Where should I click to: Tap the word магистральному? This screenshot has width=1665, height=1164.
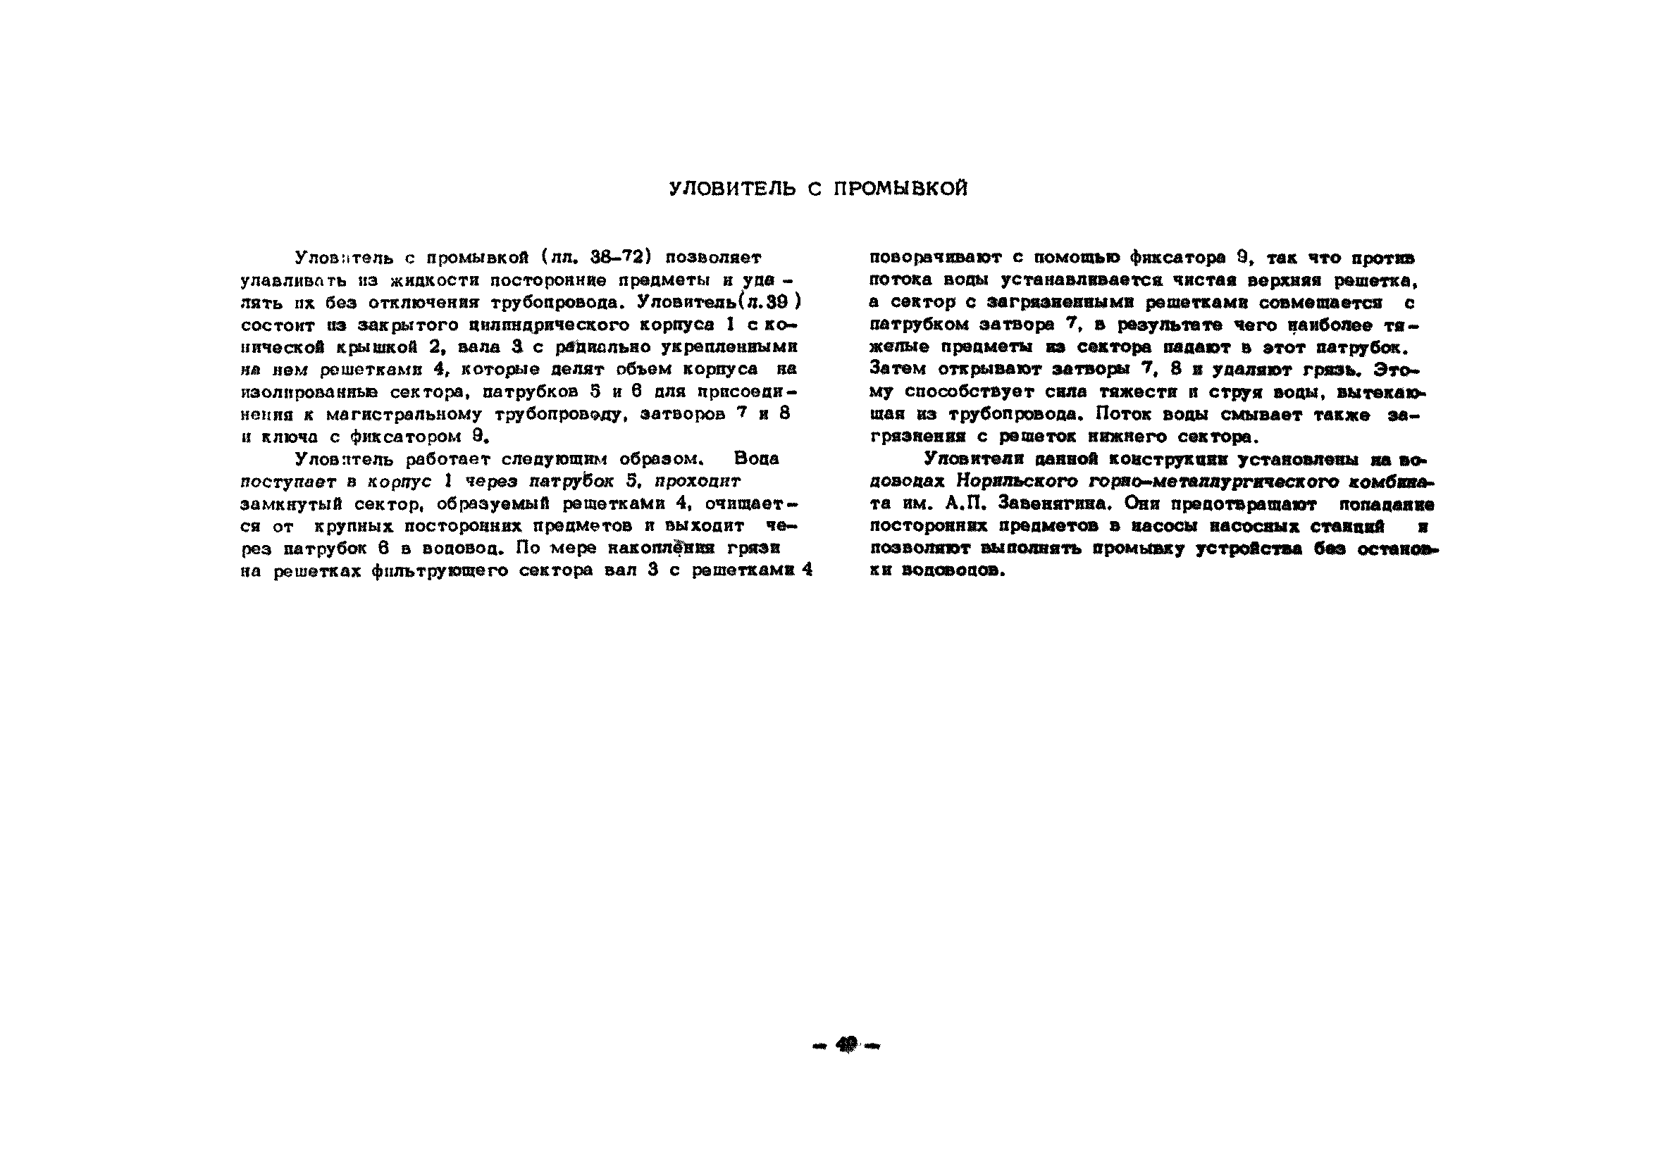click(x=404, y=415)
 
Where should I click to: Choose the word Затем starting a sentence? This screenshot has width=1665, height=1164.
click(x=898, y=370)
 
